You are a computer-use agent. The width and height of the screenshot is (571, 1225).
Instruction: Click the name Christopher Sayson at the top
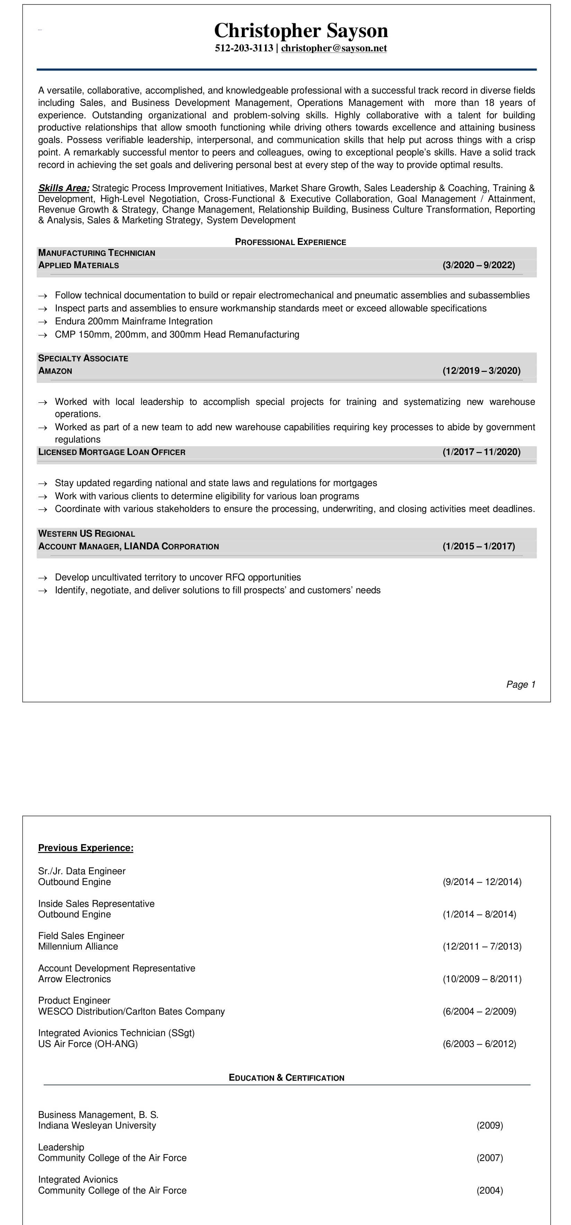pyautogui.click(x=301, y=31)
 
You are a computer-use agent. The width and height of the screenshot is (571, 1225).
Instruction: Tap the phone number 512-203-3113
pyautogui.click(x=244, y=48)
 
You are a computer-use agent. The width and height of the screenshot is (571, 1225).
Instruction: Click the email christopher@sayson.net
pyautogui.click(x=334, y=48)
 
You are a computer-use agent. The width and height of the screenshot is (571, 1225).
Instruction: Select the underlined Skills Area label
pyautogui.click(x=64, y=188)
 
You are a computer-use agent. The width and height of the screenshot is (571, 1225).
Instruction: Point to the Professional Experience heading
pyautogui.click(x=290, y=242)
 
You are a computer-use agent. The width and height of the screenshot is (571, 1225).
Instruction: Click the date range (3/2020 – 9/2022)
pyautogui.click(x=478, y=265)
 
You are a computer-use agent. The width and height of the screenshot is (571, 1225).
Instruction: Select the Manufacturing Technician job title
pyautogui.click(x=96, y=253)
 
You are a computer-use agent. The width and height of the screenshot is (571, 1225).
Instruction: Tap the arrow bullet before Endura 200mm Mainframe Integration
pyautogui.click(x=43, y=322)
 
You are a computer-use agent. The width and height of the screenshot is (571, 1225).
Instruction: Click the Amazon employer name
pyautogui.click(x=55, y=371)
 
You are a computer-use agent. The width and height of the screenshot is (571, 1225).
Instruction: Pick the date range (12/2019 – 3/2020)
pyautogui.click(x=481, y=371)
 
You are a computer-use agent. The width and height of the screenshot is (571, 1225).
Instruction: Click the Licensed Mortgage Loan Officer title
pyautogui.click(x=112, y=452)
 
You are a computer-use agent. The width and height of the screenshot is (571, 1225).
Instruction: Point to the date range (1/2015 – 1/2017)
pyautogui.click(x=478, y=546)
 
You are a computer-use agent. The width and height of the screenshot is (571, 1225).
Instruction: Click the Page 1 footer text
pyautogui.click(x=521, y=684)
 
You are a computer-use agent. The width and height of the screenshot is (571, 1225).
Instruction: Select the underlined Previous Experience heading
pyautogui.click(x=86, y=848)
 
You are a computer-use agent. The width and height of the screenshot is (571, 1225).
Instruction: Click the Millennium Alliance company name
pyautogui.click(x=78, y=946)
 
